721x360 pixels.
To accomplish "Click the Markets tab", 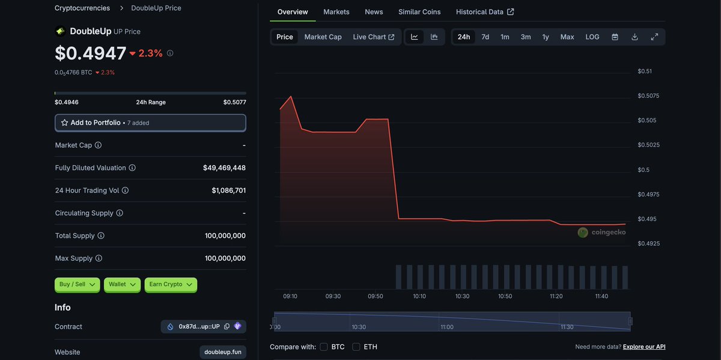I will (x=336, y=12).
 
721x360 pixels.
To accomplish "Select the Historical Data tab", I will (x=484, y=12).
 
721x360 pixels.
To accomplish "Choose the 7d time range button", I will (x=485, y=37).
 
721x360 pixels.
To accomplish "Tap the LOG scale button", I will (x=592, y=37).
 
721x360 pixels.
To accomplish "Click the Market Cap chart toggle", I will (x=323, y=37).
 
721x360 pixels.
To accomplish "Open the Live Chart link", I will (x=373, y=37).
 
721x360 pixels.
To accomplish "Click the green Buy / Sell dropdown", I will (x=78, y=284).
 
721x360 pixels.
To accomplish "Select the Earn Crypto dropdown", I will (x=171, y=284).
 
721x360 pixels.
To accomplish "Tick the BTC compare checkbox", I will (x=324, y=347).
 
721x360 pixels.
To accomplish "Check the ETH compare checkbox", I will (x=356, y=347).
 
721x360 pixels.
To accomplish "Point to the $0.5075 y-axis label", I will (x=648, y=96).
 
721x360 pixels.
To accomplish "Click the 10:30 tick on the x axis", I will (x=462, y=296).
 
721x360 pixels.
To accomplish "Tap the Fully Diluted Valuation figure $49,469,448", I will (x=224, y=168).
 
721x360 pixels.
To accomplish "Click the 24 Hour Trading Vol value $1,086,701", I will (x=228, y=191).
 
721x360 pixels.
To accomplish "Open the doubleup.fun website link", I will (x=222, y=352).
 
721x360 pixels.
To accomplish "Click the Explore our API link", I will (x=644, y=347).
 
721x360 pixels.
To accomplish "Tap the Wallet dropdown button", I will (x=122, y=284).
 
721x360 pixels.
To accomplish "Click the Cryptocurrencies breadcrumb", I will (x=82, y=8).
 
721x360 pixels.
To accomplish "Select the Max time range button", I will (x=567, y=37).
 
